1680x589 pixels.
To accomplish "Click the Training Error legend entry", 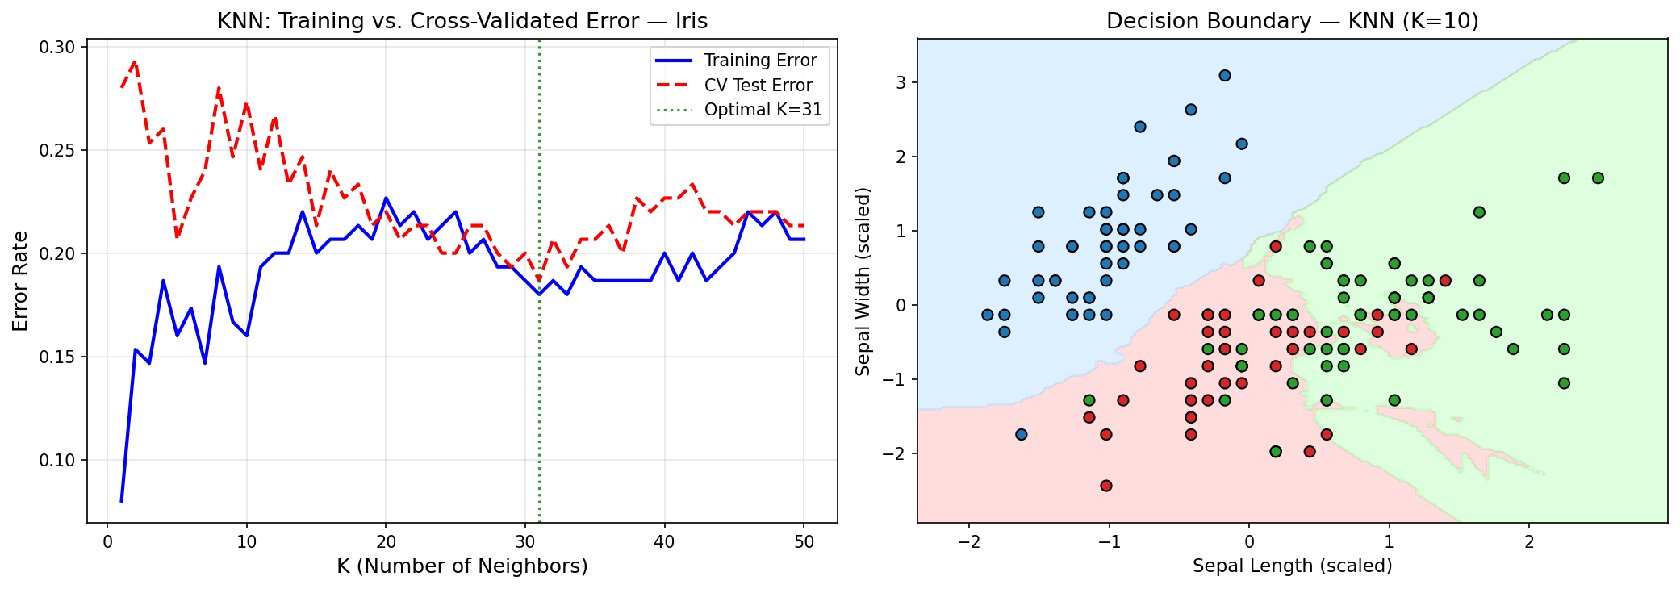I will click(x=759, y=61).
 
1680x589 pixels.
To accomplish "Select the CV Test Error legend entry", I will click(x=758, y=86).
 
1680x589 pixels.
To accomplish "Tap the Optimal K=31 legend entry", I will click(x=763, y=110).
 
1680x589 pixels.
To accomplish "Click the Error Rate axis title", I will click(x=21, y=281).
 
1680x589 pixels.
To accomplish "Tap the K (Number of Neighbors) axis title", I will click(x=462, y=566).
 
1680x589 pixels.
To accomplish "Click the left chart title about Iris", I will click(x=462, y=21).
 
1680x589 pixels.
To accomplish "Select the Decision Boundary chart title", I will click(x=1292, y=21).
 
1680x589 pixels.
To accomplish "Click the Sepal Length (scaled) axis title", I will click(x=1292, y=566).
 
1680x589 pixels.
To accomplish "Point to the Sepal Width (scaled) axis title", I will click(x=863, y=281).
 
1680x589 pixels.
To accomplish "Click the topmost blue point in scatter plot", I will click(x=1224, y=76).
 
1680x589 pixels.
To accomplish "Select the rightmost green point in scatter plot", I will click(x=1598, y=178).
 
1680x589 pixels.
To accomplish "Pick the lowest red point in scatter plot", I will click(x=1106, y=486).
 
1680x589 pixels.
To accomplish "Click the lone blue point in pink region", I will click(x=1021, y=435).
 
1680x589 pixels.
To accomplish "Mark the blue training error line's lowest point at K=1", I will click(x=122, y=501).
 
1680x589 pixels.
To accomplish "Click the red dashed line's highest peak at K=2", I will click(x=135, y=61).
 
